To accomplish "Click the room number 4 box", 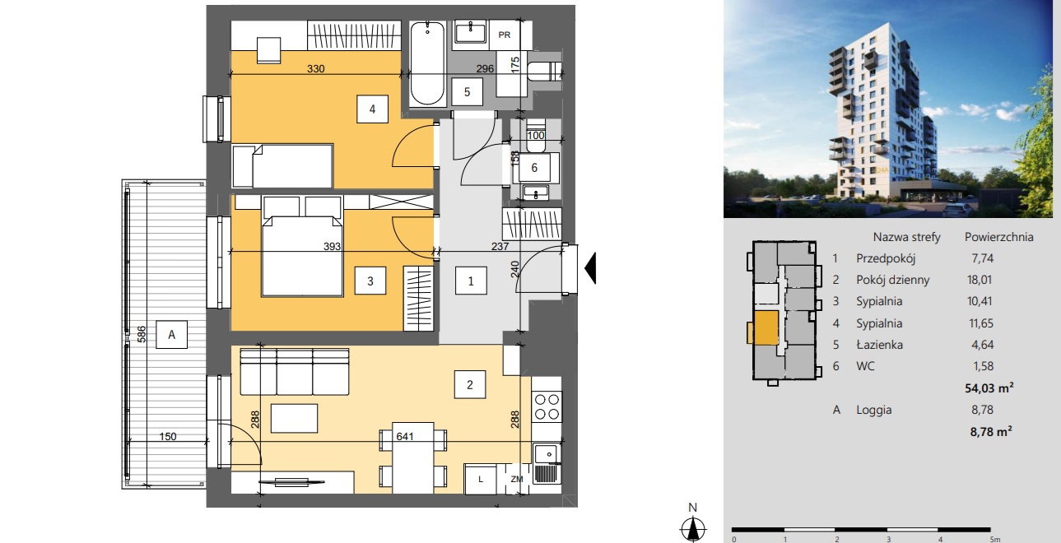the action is pyautogui.click(x=372, y=109).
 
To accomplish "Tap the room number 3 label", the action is pyautogui.click(x=370, y=281).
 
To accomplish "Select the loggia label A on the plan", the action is pyautogui.click(x=171, y=335).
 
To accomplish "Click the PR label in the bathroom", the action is pyautogui.click(x=504, y=35).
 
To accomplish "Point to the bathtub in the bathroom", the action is pyautogui.click(x=428, y=63).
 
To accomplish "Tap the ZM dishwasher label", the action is pyautogui.click(x=517, y=479).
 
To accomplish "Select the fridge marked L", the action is pyautogui.click(x=481, y=479).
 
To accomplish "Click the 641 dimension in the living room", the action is pyautogui.click(x=405, y=436).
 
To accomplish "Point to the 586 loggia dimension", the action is pyautogui.click(x=141, y=334).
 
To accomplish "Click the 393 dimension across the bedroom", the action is pyautogui.click(x=332, y=246).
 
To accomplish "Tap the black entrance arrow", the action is pyautogui.click(x=590, y=268).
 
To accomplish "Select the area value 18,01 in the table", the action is pyautogui.click(x=980, y=280).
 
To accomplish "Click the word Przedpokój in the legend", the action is pyautogui.click(x=886, y=258).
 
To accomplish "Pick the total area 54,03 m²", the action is pyautogui.click(x=989, y=388).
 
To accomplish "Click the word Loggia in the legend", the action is pyautogui.click(x=874, y=410).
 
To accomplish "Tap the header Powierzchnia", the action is pyautogui.click(x=999, y=237).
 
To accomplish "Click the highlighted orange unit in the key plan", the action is pyautogui.click(x=766, y=327).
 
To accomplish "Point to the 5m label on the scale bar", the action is pyautogui.click(x=994, y=539).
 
